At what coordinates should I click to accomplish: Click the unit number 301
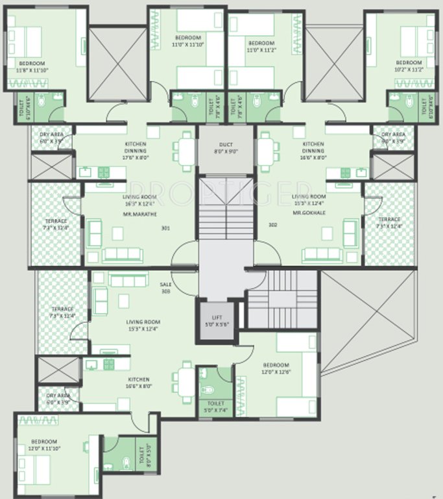point(165,228)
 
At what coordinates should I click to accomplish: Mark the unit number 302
point(273,225)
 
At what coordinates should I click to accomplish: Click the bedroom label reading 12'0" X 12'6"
point(276,369)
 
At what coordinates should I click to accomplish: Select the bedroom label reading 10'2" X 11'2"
point(409,66)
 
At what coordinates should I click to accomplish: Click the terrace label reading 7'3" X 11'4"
point(62,313)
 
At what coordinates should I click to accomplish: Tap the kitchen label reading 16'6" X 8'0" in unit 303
point(138,383)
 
